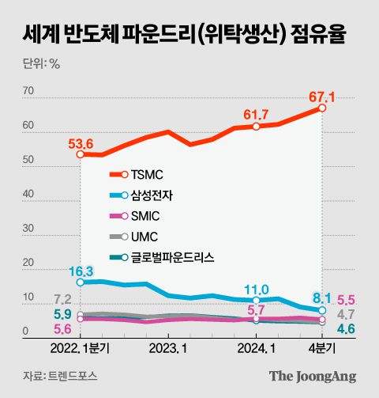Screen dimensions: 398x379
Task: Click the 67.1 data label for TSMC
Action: (x=322, y=97)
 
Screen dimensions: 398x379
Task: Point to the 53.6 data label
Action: (x=81, y=143)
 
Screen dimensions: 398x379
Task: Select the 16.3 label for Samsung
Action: (x=81, y=270)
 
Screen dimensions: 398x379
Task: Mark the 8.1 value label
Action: (x=321, y=298)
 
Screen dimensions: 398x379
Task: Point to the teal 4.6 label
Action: (x=346, y=329)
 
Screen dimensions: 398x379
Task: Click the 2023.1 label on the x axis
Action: (x=167, y=347)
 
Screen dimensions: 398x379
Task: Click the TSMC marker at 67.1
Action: (x=321, y=108)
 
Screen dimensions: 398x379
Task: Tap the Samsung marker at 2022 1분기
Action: (x=80, y=282)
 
